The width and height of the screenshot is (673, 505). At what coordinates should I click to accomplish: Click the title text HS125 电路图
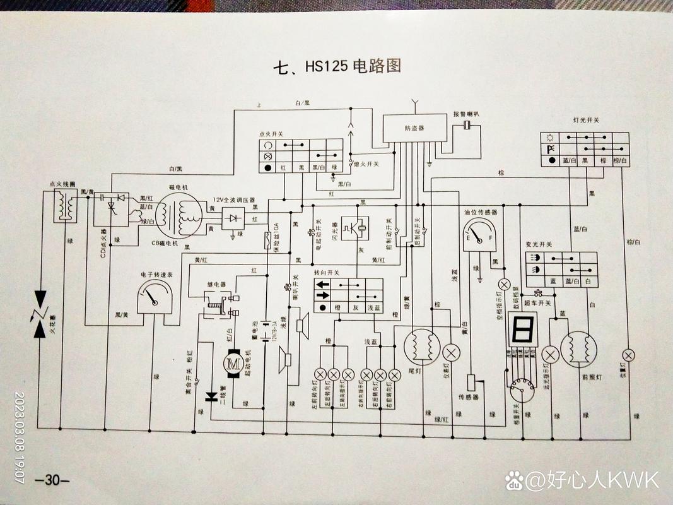337,66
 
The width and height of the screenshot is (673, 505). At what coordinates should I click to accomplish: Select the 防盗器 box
414,129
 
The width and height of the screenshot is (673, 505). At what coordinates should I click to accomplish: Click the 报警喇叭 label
466,114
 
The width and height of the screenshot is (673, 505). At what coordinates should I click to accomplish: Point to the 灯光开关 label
586,119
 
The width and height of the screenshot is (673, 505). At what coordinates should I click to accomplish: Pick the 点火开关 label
271,134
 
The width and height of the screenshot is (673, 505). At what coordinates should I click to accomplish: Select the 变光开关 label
539,244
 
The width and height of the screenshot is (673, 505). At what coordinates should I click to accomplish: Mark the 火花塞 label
54,328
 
